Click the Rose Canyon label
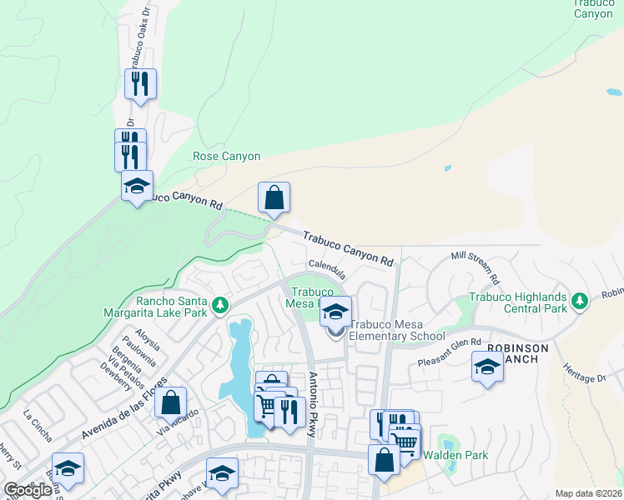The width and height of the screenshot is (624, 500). click(x=226, y=156)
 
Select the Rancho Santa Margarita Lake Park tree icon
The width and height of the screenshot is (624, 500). click(x=220, y=306)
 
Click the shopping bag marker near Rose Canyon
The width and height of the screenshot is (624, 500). click(x=274, y=199)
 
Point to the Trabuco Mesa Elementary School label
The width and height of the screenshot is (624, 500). click(x=396, y=330)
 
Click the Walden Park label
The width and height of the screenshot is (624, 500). click(x=455, y=455)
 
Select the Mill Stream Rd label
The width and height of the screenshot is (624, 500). click(x=475, y=266)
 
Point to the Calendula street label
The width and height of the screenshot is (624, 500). click(x=327, y=269)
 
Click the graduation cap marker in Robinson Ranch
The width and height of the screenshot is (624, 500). click(x=487, y=366)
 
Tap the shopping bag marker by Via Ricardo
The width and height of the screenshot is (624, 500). click(x=169, y=403)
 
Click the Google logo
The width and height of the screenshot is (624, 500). click(x=28, y=490)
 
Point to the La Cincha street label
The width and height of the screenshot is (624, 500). click(x=38, y=425)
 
